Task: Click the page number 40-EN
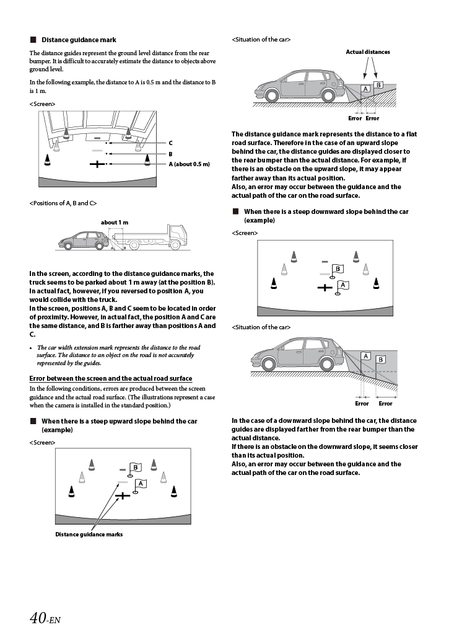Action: click(45, 618)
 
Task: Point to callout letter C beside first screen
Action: click(170, 143)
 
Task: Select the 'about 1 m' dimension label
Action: click(115, 222)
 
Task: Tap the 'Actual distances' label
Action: click(368, 52)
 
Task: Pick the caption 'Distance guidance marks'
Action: click(89, 534)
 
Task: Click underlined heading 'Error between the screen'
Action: click(111, 378)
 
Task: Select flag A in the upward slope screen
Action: click(141, 484)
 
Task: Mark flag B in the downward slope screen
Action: click(338, 269)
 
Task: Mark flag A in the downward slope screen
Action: click(342, 285)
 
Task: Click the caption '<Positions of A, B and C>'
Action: click(63, 203)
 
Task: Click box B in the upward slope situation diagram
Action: click(378, 85)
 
